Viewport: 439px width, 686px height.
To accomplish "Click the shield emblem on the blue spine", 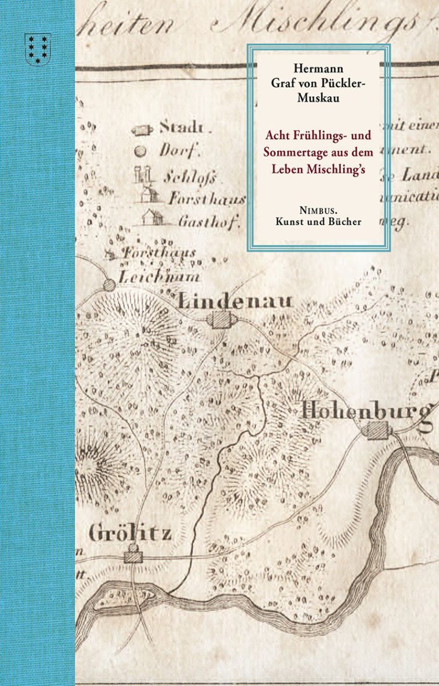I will (x=38, y=48).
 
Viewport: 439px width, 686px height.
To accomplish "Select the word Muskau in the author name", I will (x=318, y=98).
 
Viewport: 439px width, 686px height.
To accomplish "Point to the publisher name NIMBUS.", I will (x=318, y=209).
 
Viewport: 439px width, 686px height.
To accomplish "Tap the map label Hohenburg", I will (x=366, y=410).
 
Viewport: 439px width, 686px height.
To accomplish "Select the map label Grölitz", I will (x=130, y=534).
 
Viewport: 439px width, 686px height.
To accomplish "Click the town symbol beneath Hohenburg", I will (x=377, y=430).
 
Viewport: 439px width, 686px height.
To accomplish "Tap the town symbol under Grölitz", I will (x=133, y=555).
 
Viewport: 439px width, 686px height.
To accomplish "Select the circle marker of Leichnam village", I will (x=109, y=284).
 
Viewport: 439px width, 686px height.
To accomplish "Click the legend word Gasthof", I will (x=200, y=221).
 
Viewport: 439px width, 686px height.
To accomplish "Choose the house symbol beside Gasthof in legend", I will (x=151, y=217).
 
